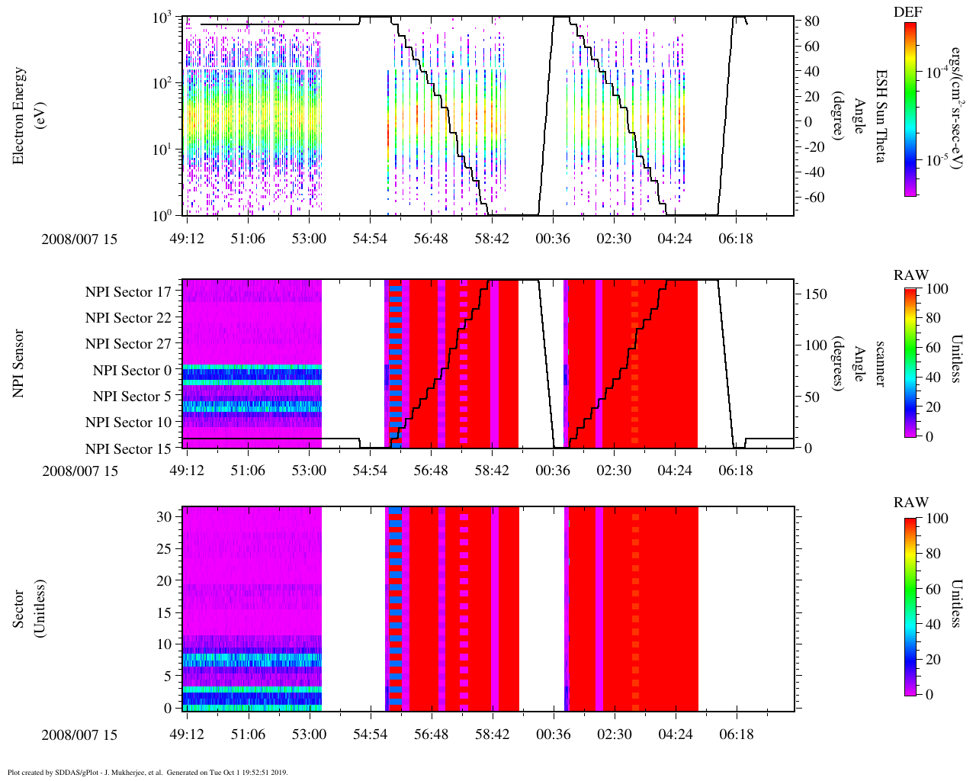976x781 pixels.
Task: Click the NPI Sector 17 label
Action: (128, 291)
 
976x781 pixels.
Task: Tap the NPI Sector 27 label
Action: (128, 344)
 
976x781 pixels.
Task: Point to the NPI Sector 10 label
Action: (128, 423)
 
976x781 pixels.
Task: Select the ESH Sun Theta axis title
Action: (881, 115)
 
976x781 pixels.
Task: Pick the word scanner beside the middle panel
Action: (881, 363)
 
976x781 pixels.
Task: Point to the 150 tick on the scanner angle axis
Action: (817, 294)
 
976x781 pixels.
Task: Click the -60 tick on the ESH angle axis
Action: (810, 198)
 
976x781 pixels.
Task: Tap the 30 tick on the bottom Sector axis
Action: (165, 516)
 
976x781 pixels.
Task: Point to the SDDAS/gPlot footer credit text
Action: (147, 772)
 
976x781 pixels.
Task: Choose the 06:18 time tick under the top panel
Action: (735, 239)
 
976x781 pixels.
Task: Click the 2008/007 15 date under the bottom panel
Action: (80, 735)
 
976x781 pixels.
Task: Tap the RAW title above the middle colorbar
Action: (911, 275)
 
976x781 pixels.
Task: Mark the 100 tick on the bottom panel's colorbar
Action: (937, 519)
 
